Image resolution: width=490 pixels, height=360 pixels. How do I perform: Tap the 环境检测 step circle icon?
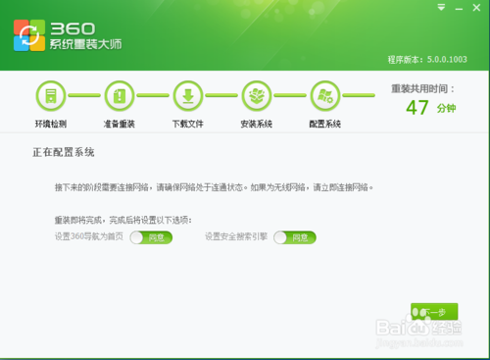point(50,96)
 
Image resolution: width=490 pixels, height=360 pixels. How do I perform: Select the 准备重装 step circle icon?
point(119,96)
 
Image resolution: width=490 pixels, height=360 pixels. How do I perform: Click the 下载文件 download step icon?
point(187,96)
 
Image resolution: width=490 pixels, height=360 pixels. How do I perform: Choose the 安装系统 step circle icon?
point(256,96)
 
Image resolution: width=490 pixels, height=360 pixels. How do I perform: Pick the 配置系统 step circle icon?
point(324,96)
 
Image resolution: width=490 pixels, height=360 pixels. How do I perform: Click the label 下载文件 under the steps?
point(187,125)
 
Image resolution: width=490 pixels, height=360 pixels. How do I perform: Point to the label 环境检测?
point(50,125)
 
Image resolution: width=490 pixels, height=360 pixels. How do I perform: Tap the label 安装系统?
point(256,125)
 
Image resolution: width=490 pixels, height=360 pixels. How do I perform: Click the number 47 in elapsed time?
point(417,108)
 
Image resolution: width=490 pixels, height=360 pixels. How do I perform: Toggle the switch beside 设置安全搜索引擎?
point(295,236)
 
